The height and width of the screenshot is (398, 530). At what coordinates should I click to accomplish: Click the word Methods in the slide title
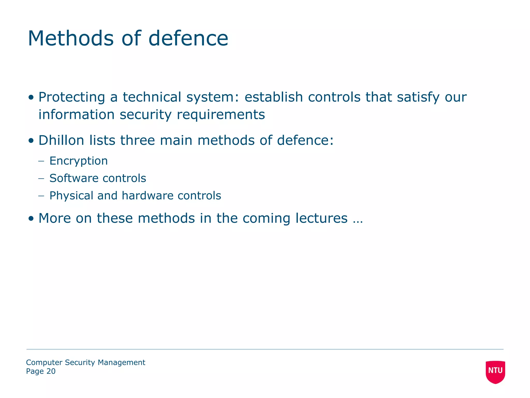pyautogui.click(x=70, y=38)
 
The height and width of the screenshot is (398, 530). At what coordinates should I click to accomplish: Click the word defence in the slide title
pyautogui.click(x=188, y=38)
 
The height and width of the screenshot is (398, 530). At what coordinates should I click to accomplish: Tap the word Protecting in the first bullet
pyautogui.click(x=72, y=97)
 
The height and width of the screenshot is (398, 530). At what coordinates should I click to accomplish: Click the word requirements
pyautogui.click(x=221, y=115)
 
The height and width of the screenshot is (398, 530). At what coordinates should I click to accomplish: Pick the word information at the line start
pyautogui.click(x=76, y=115)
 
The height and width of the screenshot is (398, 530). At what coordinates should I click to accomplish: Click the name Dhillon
pyautogui.click(x=61, y=140)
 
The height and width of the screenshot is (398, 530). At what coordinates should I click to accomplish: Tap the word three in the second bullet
pyautogui.click(x=137, y=140)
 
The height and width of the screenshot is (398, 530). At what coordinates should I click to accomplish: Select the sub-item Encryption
pyautogui.click(x=78, y=161)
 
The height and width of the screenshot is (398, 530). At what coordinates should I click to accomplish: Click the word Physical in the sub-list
pyautogui.click(x=71, y=196)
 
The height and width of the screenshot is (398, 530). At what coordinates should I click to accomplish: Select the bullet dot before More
pyautogui.click(x=31, y=219)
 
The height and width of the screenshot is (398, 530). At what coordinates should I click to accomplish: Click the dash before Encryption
pyautogui.click(x=41, y=161)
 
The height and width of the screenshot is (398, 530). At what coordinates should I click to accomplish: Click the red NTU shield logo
pyautogui.click(x=495, y=372)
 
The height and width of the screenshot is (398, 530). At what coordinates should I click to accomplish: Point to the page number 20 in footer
pyautogui.click(x=51, y=371)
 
